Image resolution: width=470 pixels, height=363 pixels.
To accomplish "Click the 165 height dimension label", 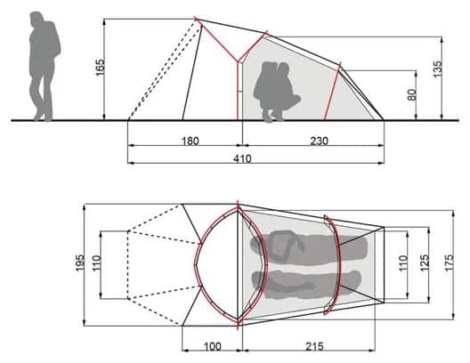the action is [101, 68].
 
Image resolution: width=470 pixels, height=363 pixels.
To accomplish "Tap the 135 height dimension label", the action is [438, 69].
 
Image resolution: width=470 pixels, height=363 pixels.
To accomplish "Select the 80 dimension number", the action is [412, 95].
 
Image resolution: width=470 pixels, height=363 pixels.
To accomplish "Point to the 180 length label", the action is [190, 141].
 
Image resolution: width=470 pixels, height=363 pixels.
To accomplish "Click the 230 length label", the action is [320, 141].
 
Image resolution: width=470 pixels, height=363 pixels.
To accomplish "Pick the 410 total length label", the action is [242, 158].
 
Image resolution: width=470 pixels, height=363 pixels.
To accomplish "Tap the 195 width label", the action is [80, 263].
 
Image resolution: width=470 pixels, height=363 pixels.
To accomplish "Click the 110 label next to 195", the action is [96, 263].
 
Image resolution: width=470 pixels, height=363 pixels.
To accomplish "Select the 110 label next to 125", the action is [403, 263].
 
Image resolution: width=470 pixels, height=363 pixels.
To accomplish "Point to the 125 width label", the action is [425, 263].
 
